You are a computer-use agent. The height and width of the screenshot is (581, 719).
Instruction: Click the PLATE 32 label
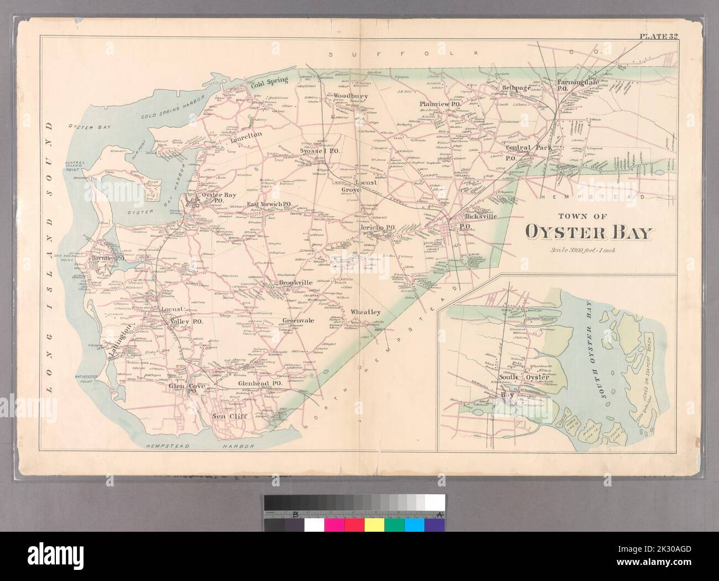(x=659, y=37)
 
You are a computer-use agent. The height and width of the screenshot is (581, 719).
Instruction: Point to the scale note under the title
(x=587, y=250)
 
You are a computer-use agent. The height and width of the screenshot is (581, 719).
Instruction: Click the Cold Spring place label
(x=269, y=80)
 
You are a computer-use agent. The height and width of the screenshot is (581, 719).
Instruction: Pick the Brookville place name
(x=296, y=282)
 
